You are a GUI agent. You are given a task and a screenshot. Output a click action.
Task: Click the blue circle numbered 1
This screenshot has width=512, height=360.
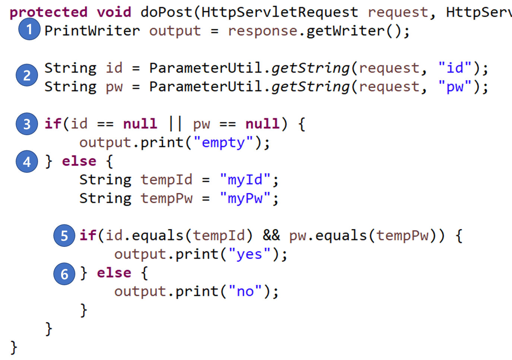29,29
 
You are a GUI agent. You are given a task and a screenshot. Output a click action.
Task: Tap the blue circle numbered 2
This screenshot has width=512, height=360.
27,75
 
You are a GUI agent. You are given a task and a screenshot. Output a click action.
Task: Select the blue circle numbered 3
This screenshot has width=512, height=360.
27,124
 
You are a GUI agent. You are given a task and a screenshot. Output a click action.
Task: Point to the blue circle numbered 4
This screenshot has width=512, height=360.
27,162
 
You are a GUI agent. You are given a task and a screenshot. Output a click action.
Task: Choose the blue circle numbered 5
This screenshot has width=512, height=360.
64,236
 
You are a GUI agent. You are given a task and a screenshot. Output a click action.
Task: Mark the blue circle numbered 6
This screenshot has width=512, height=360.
64,274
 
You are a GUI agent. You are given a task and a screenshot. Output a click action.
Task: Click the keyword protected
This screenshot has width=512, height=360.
48,12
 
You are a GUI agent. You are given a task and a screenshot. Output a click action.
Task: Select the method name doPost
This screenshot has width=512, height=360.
167,12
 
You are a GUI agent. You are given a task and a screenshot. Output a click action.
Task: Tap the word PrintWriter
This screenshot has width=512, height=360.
92,31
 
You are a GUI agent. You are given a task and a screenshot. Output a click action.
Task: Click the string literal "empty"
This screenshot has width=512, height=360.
223,143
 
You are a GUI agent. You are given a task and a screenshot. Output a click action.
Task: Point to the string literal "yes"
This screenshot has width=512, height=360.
249,254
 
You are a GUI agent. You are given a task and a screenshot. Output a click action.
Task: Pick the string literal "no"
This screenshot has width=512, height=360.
245,291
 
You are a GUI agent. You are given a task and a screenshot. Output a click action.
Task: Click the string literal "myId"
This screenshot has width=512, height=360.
245,180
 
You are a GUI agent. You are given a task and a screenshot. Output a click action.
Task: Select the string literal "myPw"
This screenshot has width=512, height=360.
245,199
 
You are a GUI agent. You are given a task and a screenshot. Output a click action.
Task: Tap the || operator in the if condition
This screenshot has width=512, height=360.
175,124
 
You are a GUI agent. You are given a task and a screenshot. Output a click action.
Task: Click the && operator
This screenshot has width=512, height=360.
271,236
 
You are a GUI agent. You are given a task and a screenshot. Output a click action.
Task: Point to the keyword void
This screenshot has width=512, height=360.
114,12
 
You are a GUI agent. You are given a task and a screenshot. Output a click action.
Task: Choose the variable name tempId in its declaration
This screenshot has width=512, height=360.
166,180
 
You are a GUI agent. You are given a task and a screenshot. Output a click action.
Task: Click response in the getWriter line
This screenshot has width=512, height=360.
263,31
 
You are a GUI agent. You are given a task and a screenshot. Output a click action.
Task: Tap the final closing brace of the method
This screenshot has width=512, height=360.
14,347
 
